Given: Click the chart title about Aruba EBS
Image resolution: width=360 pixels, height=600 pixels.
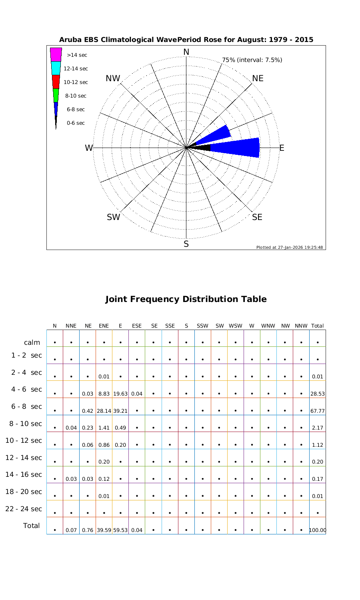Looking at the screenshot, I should point(186,40).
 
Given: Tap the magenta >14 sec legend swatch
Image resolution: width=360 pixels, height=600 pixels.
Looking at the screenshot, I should point(56,54).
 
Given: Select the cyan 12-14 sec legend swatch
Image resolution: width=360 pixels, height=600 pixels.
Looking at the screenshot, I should point(56,68).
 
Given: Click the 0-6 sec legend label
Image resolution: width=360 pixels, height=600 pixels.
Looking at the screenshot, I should point(76,123).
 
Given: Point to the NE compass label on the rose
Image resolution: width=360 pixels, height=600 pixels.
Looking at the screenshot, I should point(258,78).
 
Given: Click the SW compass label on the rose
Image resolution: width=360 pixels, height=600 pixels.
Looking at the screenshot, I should point(114,217).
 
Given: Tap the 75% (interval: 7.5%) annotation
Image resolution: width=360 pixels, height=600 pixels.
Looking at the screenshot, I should point(252,60).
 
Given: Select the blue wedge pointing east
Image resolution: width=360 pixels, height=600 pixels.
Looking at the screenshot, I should point(236,148).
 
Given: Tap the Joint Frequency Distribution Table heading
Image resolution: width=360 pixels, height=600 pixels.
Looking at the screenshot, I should point(186,299).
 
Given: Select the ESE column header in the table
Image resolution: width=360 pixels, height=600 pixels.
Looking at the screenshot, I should point(137,326).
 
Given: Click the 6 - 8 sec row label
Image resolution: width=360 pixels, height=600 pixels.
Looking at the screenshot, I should point(26,406).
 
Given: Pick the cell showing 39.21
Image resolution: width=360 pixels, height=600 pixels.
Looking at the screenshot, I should point(120,411).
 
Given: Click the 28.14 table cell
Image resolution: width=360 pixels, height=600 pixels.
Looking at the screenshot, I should point(104,411).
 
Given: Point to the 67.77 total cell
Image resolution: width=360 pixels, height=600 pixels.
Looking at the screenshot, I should point(318,411).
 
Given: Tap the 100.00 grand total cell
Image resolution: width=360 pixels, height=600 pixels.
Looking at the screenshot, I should point(318,530).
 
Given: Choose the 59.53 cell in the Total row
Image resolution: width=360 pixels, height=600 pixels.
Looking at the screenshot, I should point(120,530).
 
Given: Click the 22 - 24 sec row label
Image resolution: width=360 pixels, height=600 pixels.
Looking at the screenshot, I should point(24,509).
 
